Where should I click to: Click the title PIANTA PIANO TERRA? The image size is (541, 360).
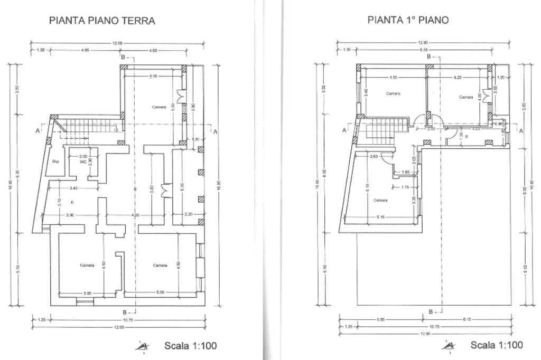click(x=102, y=21)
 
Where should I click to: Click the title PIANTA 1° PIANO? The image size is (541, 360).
click(x=408, y=20)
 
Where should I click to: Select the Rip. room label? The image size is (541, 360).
click(x=55, y=162)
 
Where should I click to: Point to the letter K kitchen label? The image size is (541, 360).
click(x=72, y=202)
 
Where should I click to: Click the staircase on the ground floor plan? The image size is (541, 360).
click(x=87, y=128)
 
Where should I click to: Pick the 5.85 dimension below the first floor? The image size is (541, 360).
click(x=380, y=319)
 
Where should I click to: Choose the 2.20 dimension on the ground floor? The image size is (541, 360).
click(x=188, y=214)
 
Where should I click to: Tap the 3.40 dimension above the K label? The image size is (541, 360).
click(x=73, y=188)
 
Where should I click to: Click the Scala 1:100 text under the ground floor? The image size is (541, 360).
click(x=190, y=346)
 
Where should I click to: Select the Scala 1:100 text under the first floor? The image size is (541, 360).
click(x=496, y=345)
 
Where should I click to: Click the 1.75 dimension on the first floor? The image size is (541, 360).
click(x=405, y=187)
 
